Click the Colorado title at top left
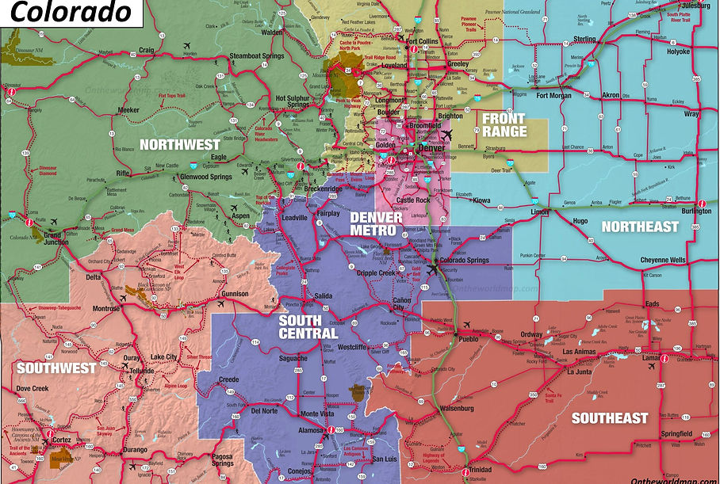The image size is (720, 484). [x=71, y=13]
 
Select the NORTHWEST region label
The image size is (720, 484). [x=180, y=144]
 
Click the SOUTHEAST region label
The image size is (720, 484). [x=610, y=417]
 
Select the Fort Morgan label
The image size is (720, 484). [x=553, y=96]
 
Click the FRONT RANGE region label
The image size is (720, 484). [x=504, y=125]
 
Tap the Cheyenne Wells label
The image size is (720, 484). [x=663, y=261]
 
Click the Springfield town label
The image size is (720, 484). [x=676, y=433]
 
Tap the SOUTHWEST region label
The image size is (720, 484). [x=56, y=368]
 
